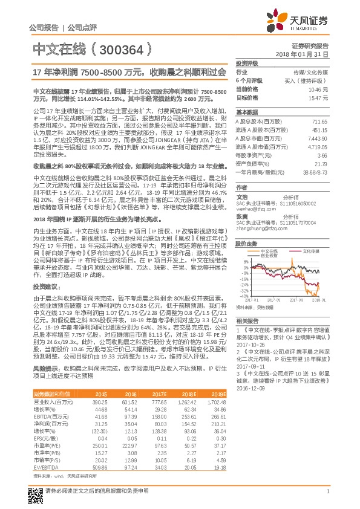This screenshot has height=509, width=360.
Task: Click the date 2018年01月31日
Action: coord(306,54)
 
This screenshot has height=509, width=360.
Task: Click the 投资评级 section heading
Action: coord(247,63)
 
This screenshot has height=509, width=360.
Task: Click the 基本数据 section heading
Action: coord(246,112)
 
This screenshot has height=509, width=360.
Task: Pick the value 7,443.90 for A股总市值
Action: coord(317,138)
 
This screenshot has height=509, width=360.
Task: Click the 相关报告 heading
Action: coord(246,320)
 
